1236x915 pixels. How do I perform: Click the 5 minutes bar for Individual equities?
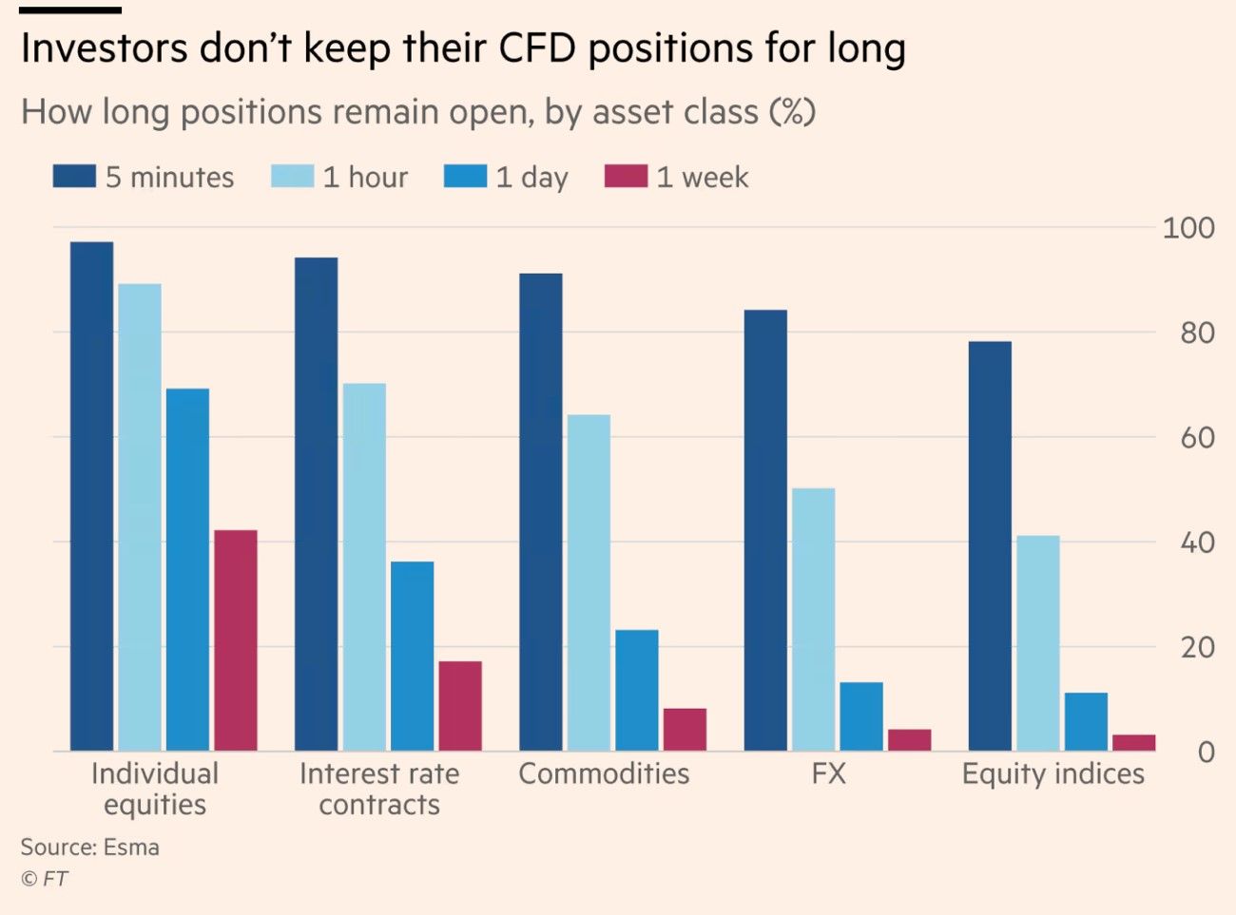tap(91, 496)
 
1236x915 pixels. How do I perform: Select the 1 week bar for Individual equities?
tap(235, 640)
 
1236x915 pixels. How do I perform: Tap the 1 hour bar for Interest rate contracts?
tap(364, 567)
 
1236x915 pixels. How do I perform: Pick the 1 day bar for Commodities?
tap(636, 691)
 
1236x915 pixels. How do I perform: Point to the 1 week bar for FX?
tap(909, 740)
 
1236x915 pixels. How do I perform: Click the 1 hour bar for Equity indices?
tap(1037, 643)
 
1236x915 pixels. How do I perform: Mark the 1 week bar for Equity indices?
tap(1133, 743)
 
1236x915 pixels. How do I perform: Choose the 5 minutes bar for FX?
tap(765, 530)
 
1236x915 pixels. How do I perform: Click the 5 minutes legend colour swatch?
tap(74, 177)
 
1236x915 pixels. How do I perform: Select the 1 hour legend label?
tap(365, 178)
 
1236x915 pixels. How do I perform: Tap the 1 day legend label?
tap(531, 178)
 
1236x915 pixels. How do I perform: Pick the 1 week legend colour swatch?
tap(626, 177)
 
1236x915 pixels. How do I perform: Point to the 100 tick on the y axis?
tap(1188, 228)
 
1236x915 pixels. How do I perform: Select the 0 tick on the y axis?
tap(1206, 752)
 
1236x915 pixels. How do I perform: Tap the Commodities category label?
tap(604, 773)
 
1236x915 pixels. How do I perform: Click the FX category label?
tap(828, 773)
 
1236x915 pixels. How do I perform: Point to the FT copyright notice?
tap(45, 879)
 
